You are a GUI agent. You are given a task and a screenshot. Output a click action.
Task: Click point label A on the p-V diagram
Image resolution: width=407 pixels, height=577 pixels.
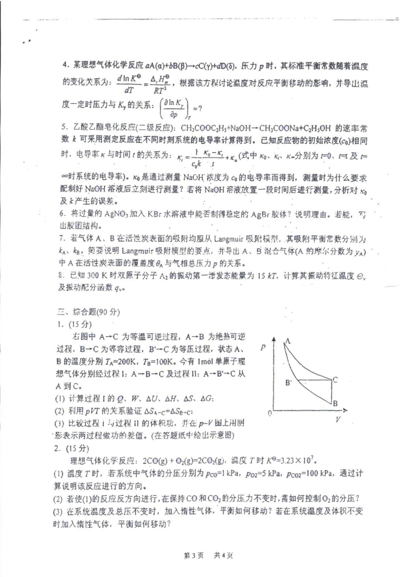288,340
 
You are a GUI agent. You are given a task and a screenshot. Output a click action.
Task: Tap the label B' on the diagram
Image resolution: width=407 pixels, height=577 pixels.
289,383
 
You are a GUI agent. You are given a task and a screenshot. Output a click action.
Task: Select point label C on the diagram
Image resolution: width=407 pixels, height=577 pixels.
335,380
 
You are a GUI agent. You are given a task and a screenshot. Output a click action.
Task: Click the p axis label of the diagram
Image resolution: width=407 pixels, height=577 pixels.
263,348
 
